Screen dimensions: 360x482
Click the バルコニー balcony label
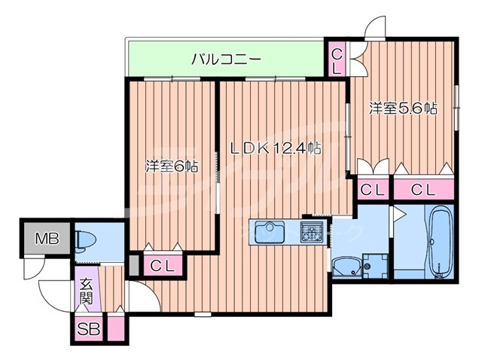click(225, 58)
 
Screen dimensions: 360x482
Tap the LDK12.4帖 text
click(275, 148)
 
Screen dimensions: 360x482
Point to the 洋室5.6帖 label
click(403, 108)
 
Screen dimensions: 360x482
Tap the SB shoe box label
click(88, 329)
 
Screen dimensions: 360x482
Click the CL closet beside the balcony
click(337, 59)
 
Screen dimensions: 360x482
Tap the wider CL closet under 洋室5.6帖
click(424, 190)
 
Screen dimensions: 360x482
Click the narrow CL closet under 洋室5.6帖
click(371, 190)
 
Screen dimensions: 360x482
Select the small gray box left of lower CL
click(133, 264)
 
